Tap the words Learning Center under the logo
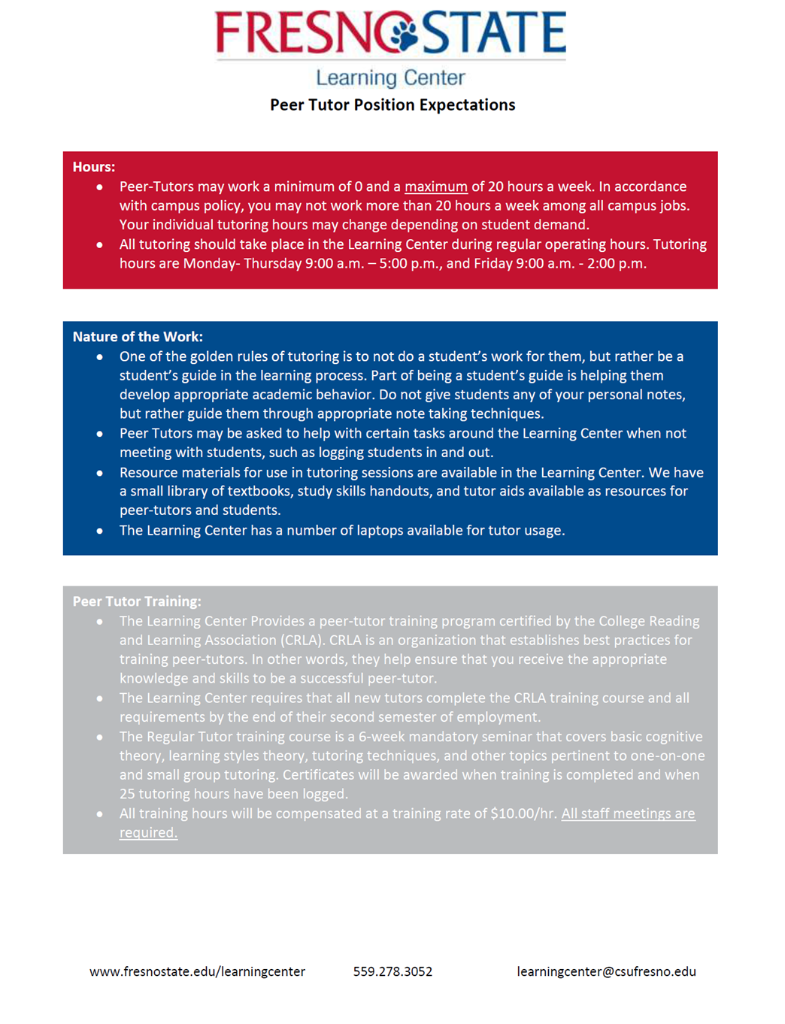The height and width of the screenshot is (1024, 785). click(x=390, y=77)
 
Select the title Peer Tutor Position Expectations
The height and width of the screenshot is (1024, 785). click(x=392, y=105)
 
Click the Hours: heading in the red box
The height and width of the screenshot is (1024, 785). click(x=94, y=167)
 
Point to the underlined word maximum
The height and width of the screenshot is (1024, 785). click(x=436, y=186)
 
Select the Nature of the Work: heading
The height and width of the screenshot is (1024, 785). click(x=138, y=337)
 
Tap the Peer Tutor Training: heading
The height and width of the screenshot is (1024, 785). click(x=137, y=601)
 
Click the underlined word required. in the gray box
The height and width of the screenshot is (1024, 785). click(x=148, y=832)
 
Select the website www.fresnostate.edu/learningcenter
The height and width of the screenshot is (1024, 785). click(x=197, y=971)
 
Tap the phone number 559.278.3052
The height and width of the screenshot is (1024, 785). click(x=392, y=971)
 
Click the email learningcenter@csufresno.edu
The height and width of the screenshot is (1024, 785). click(x=606, y=971)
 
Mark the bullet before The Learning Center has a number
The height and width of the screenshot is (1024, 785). click(x=100, y=531)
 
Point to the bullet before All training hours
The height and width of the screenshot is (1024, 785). click(x=100, y=814)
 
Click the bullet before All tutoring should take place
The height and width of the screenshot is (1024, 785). click(x=100, y=245)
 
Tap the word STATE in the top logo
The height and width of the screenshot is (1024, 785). click(x=494, y=32)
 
